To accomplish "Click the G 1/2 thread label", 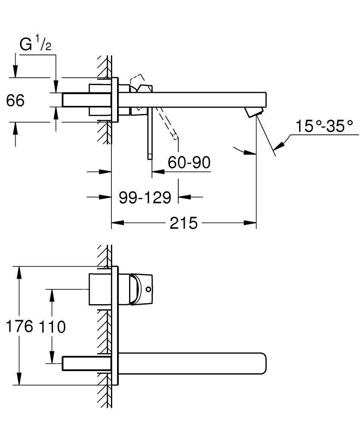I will pos(36,44).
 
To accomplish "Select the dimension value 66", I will pos(16,101).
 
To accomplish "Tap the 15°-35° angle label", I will pos(324,127).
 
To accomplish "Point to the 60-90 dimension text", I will pos(189,162).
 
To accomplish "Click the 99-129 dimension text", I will pos(145,197).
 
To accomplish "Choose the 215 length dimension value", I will pos(183,223).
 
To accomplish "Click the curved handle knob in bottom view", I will pos(140,289).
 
